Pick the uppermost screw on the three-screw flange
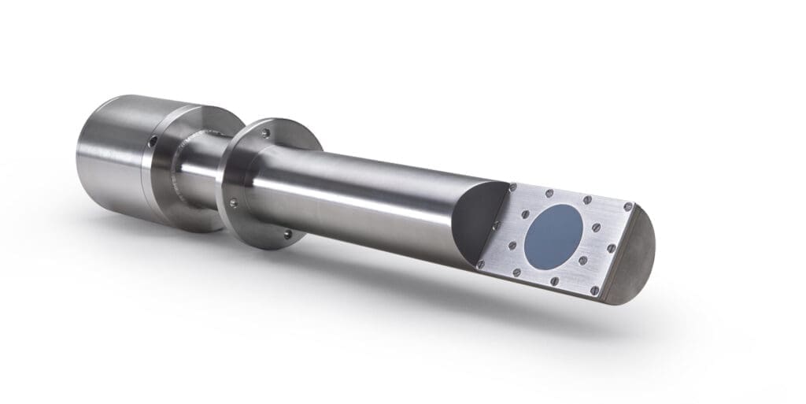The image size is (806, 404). click(x=265, y=133)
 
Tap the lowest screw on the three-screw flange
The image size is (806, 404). click(x=287, y=232)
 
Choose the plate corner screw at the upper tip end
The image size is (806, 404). click(x=627, y=206)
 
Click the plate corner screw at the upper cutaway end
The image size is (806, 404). click(x=512, y=188)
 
